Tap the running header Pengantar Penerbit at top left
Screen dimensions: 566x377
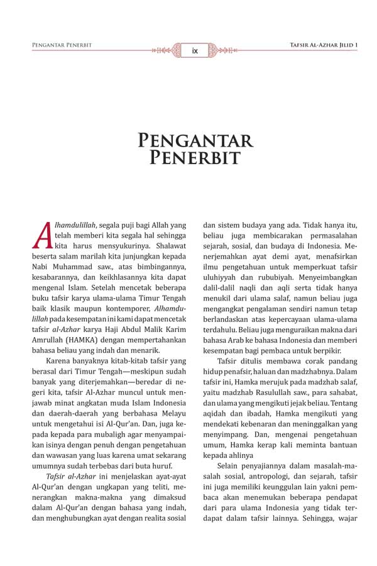[62, 45]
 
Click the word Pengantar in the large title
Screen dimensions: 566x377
[195, 140]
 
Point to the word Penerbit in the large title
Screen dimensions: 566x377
[195, 157]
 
